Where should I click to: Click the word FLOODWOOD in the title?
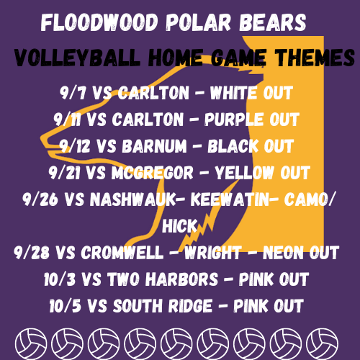(99, 22)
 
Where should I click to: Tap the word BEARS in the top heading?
(273, 22)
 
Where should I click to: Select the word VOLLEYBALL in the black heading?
(77, 58)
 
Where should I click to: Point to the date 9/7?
(73, 93)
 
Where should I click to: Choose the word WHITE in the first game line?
(233, 93)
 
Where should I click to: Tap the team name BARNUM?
(154, 146)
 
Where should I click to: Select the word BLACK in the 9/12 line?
(233, 146)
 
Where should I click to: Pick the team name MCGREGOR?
(153, 173)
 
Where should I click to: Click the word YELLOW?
(244, 173)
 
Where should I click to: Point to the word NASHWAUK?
(133, 199)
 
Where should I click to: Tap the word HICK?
(179, 225)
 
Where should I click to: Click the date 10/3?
(60, 279)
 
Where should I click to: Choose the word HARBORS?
(182, 279)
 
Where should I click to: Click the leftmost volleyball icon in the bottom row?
(31, 344)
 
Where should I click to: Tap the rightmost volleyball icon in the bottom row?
(322, 344)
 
